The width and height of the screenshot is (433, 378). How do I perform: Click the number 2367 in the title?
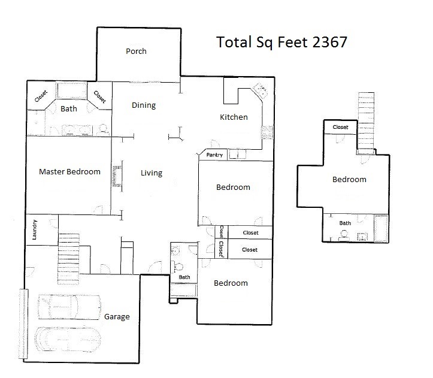pyautogui.click(x=330, y=43)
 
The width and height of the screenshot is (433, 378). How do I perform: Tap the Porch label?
pyautogui.click(x=136, y=51)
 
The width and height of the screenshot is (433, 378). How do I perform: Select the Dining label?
pyautogui.click(x=144, y=105)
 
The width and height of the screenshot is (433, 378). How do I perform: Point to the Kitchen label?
pyautogui.click(x=234, y=117)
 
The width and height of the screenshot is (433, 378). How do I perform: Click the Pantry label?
pyautogui.click(x=214, y=155)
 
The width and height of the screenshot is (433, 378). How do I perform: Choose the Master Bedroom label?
pyautogui.click(x=69, y=171)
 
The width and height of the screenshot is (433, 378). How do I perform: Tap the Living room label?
pyautogui.click(x=152, y=173)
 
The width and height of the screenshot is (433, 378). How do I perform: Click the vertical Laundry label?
pyautogui.click(x=35, y=229)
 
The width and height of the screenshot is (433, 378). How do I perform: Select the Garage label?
pyautogui.click(x=117, y=317)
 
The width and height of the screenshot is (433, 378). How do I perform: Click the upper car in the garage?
pyautogui.click(x=69, y=307)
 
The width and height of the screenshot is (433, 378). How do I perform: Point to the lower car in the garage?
pyautogui.click(x=68, y=340)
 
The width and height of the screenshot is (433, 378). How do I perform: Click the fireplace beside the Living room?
pyautogui.click(x=117, y=176)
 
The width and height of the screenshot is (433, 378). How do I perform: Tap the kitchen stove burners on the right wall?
pyautogui.click(x=267, y=132)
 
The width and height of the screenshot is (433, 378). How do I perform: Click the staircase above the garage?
pyautogui.click(x=68, y=259)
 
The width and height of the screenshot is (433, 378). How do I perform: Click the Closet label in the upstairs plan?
pyautogui.click(x=341, y=127)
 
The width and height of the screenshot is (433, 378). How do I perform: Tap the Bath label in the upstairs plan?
pyautogui.click(x=345, y=223)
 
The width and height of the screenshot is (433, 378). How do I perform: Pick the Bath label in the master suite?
pyautogui.click(x=69, y=109)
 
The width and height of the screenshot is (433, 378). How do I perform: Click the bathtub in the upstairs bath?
pyautogui.click(x=381, y=228)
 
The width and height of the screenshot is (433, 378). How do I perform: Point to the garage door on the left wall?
pyautogui.click(x=24, y=324)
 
